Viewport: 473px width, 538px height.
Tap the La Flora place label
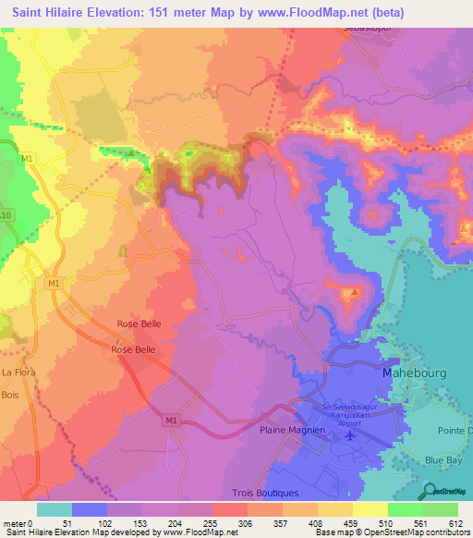click(18, 373)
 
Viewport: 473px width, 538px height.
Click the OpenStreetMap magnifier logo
click(448, 491)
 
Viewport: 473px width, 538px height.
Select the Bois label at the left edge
click(10, 395)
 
